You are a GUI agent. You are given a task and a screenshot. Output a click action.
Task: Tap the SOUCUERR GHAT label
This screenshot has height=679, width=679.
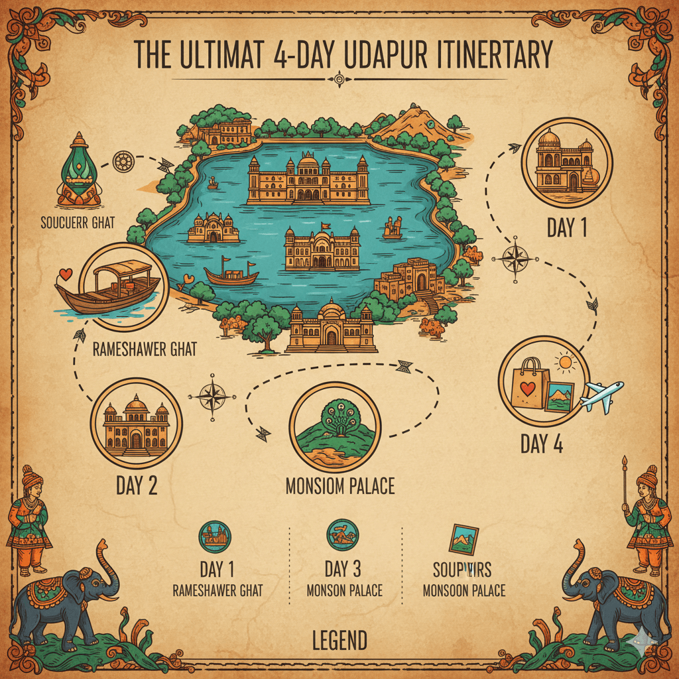click(x=77, y=222)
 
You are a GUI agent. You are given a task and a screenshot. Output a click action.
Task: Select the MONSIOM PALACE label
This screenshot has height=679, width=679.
click(x=339, y=486)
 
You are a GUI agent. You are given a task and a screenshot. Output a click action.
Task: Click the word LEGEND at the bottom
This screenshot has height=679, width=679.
click(x=339, y=641)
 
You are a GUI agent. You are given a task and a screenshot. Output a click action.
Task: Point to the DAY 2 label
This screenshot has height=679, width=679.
click(x=137, y=486)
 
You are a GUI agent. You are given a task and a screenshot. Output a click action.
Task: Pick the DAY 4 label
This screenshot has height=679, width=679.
click(x=542, y=444)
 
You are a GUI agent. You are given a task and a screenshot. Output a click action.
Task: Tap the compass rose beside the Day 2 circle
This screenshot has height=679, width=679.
click(x=212, y=397)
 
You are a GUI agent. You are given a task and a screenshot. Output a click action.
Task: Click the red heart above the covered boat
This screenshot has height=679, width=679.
click(x=64, y=273)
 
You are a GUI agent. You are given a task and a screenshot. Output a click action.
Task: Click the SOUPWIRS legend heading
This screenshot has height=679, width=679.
click(x=463, y=570)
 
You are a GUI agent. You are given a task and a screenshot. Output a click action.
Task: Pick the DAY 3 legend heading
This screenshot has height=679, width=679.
click(x=344, y=569)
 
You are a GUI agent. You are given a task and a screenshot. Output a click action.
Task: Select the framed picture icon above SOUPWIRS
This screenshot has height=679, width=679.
click(x=463, y=538)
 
